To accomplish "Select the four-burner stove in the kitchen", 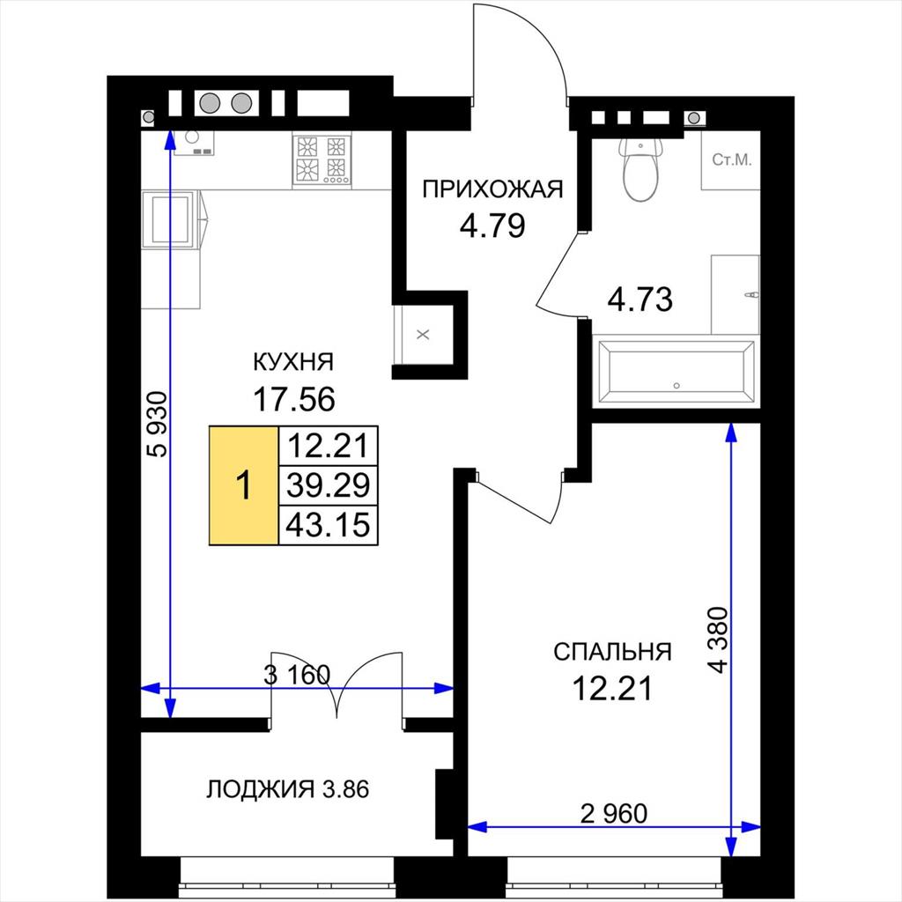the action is pos(322,159).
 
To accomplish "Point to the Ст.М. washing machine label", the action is pos(732,160).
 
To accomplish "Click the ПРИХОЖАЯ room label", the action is pos(493,189).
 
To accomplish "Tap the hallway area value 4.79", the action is pos(492,225).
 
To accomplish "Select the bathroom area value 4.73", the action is pos(640,299).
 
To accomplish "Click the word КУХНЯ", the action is pos(293,362).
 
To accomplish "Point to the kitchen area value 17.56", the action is pos(294,399).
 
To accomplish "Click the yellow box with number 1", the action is pos(244,485).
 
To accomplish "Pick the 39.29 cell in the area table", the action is pos(328,485).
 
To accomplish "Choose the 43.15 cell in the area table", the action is pos(328,525).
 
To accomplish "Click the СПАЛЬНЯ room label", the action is pos(613,652).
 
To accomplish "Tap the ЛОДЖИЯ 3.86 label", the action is pos(288,789).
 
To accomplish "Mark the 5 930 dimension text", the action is pos(157,424).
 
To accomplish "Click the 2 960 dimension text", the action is pos(614,813).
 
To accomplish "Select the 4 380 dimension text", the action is pos(719,640).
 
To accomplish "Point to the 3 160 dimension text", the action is pos(297,675).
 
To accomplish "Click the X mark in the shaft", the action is pos(423,334).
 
